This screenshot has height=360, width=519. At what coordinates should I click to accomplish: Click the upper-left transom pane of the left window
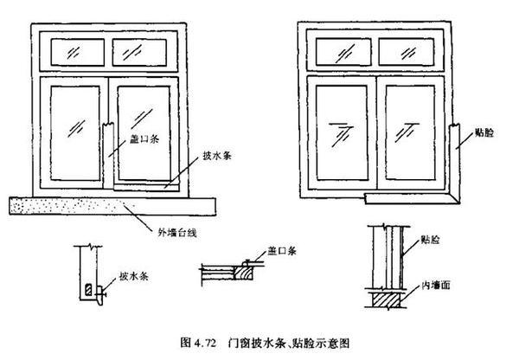point(76,53)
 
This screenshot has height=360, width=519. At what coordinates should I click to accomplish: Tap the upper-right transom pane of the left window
point(138,53)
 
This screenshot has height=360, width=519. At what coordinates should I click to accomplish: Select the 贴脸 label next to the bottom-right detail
point(430,235)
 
